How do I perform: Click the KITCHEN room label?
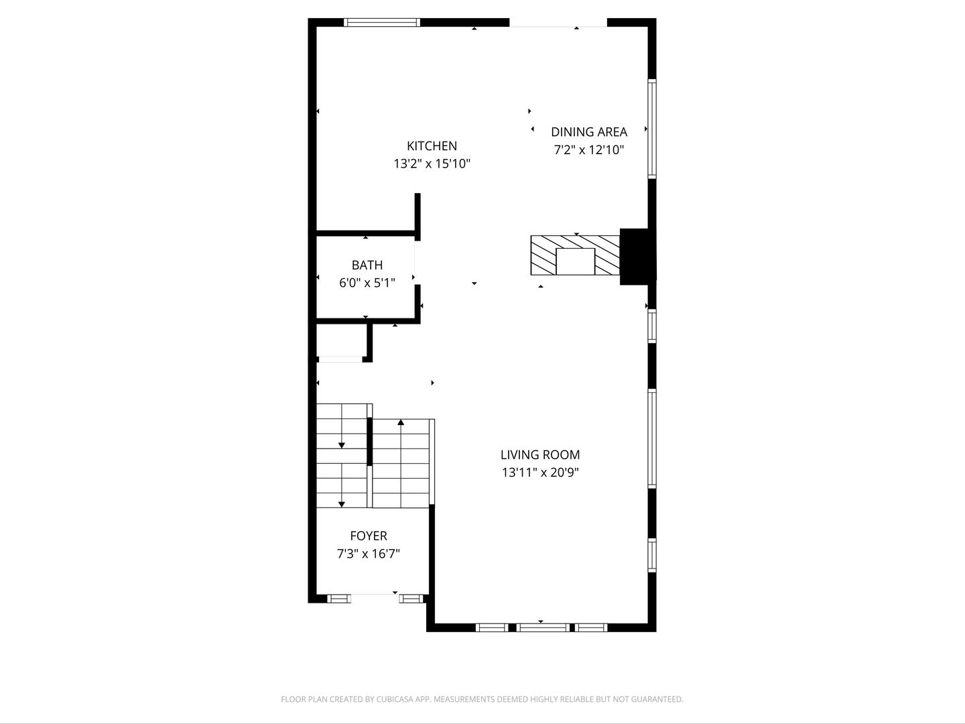coord(432,145)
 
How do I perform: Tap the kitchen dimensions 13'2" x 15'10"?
coord(432,164)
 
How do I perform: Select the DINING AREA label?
coord(589,132)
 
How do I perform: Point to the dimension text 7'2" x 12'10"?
coord(589,150)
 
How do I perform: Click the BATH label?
coord(367,265)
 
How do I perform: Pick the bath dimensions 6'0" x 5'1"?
coord(367,283)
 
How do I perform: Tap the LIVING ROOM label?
coord(540,455)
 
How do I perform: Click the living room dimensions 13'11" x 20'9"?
coord(540,473)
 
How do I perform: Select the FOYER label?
coord(369,536)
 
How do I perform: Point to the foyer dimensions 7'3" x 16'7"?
coord(369,554)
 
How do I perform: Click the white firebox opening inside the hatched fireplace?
coord(576,261)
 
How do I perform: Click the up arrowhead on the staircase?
coord(401,422)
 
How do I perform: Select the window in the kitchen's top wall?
coord(381,22)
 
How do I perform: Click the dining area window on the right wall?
coord(652,129)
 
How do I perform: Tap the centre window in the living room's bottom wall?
coord(543,627)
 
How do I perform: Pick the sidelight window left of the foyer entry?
coord(339,598)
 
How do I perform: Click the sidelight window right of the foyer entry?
coord(411,598)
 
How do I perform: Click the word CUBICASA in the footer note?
coord(395,699)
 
